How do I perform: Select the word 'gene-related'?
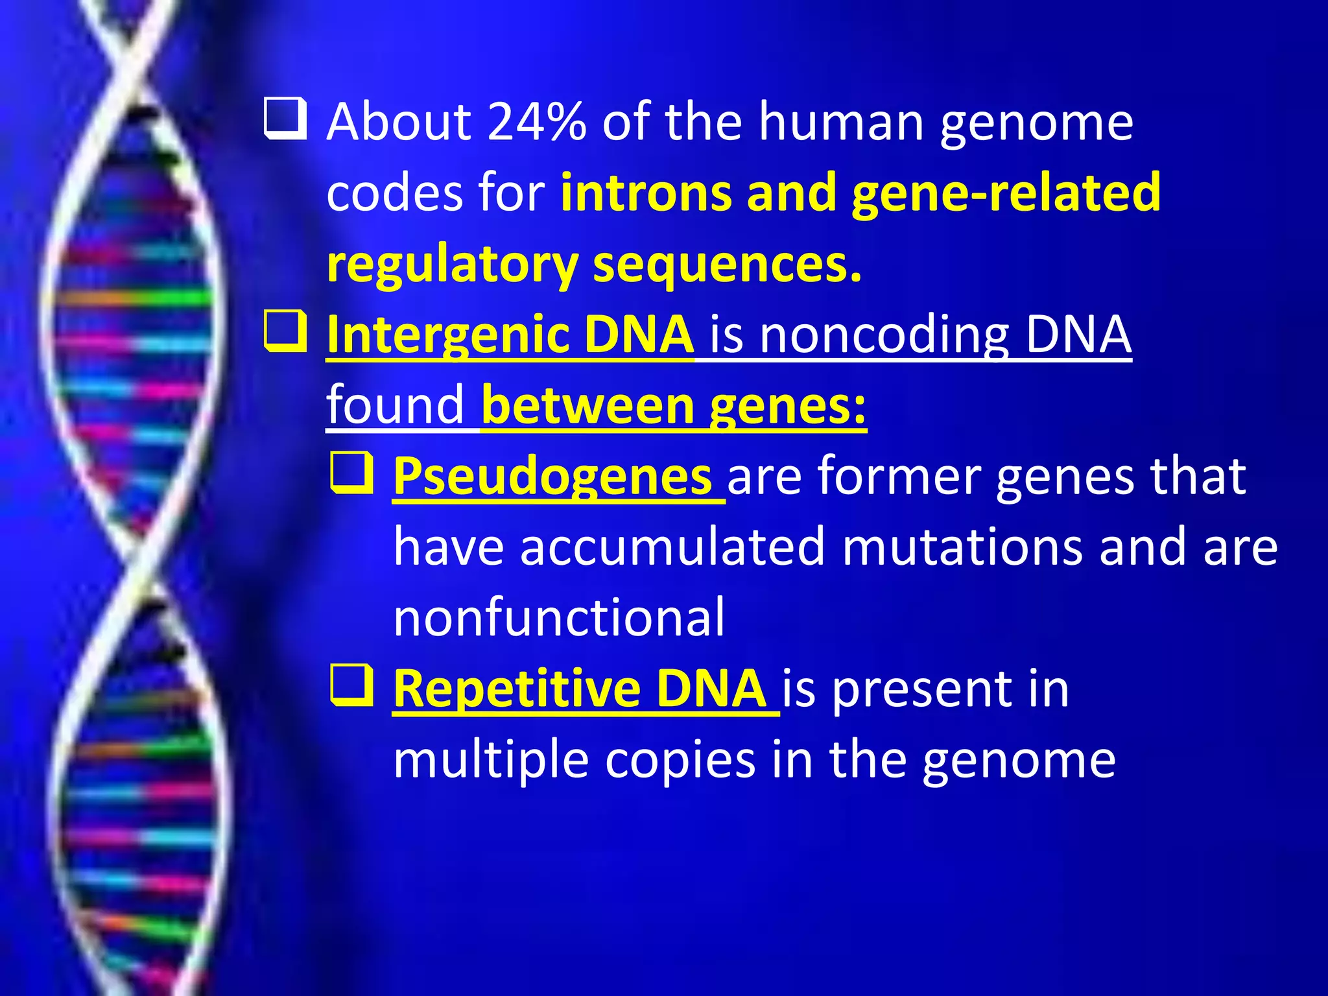coord(1006,193)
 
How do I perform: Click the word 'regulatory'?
coord(452,265)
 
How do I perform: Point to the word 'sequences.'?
coord(728,265)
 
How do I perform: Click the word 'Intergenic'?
coord(447,335)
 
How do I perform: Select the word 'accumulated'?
coord(672,547)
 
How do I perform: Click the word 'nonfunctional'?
coord(559,617)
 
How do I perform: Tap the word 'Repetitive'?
coord(516,689)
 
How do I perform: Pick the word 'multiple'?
coord(491,759)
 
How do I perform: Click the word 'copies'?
coord(680,759)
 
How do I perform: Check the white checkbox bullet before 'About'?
coord(285,119)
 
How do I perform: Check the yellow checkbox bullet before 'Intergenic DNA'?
coord(285,331)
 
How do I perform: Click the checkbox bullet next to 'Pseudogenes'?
coord(352,473)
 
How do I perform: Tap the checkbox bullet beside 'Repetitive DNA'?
coord(352,685)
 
